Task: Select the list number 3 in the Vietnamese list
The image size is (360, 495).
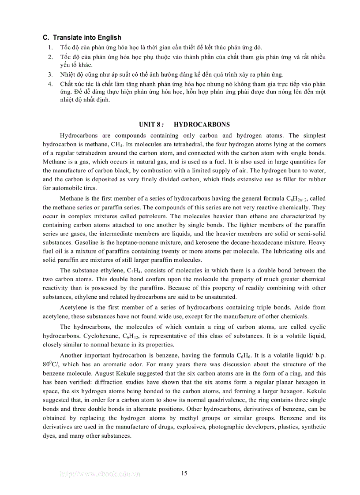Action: pyautogui.click(x=51, y=74)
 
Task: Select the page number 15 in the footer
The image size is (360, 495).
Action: pyautogui.click(x=184, y=474)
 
